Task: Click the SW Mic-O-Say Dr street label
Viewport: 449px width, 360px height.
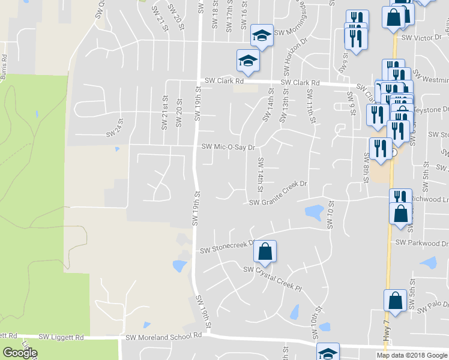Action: pyautogui.click(x=228, y=146)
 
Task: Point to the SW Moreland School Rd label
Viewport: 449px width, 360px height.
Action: pyautogui.click(x=163, y=338)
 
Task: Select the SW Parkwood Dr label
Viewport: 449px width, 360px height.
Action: pyautogui.click(x=422, y=243)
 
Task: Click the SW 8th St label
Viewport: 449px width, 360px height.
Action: pyautogui.click(x=365, y=166)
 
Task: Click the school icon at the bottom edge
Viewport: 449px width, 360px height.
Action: pyautogui.click(x=328, y=353)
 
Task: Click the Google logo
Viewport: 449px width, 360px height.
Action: pyautogui.click(x=19, y=353)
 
